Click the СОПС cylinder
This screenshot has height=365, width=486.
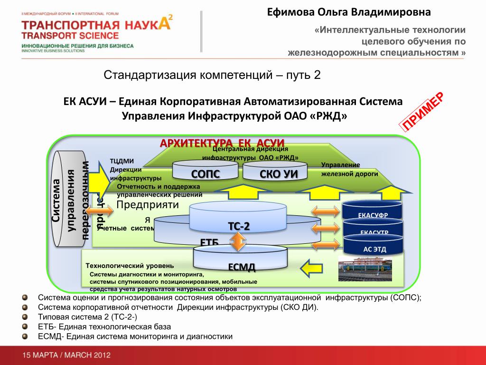[x=206, y=173]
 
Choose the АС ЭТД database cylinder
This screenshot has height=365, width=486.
[x=374, y=248]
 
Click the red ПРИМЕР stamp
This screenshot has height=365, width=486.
[x=423, y=112]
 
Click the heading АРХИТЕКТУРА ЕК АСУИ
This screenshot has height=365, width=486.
[x=222, y=143]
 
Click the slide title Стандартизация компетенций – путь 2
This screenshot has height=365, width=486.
[x=213, y=75]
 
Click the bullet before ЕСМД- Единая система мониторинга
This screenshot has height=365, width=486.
[x=25, y=336]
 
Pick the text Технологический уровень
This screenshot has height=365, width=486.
[x=130, y=265]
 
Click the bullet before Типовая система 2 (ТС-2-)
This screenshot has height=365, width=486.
[x=25, y=317]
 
